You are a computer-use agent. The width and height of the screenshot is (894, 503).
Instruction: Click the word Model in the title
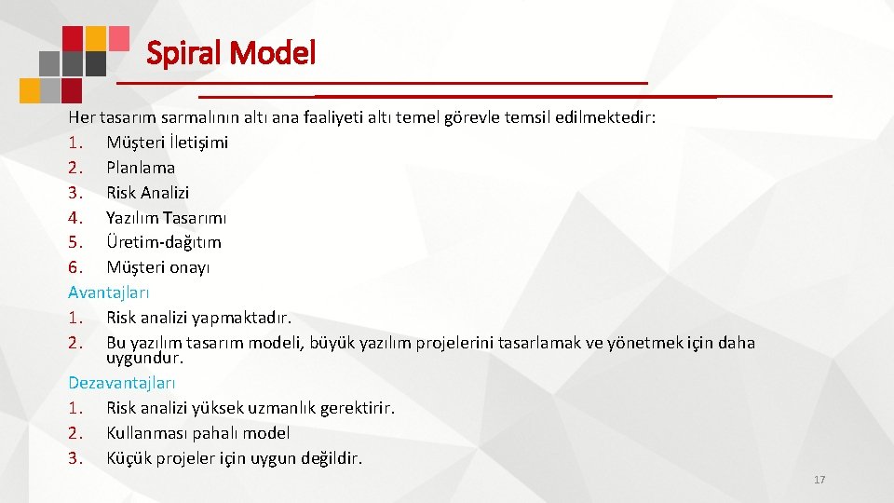[x=275, y=52]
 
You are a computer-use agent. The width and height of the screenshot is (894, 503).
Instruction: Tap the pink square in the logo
[x=119, y=37]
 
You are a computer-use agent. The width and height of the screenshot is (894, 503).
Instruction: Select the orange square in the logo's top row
[x=94, y=37]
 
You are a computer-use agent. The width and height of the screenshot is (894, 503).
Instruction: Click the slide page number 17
[x=819, y=480]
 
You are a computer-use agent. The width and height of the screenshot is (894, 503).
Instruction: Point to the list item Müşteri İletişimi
[x=168, y=143]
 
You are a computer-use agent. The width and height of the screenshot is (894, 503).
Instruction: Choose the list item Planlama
[x=141, y=168]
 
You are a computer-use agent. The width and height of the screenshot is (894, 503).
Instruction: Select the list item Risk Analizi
[x=147, y=193]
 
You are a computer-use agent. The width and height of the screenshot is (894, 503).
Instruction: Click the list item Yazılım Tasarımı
[x=166, y=218]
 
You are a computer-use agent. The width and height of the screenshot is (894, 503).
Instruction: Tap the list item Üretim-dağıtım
[x=164, y=242]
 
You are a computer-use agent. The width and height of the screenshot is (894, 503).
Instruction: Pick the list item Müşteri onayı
[x=158, y=267]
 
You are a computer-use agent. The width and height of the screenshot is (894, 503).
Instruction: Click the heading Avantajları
[x=109, y=292]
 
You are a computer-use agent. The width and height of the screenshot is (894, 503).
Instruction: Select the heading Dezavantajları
[x=122, y=383]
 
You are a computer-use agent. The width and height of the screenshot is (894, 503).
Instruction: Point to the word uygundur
[x=144, y=358]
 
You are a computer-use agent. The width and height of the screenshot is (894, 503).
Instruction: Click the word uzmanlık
[x=284, y=408]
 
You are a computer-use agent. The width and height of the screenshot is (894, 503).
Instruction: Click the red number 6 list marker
[x=74, y=267]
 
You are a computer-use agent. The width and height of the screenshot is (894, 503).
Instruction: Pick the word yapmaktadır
[x=239, y=318]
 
